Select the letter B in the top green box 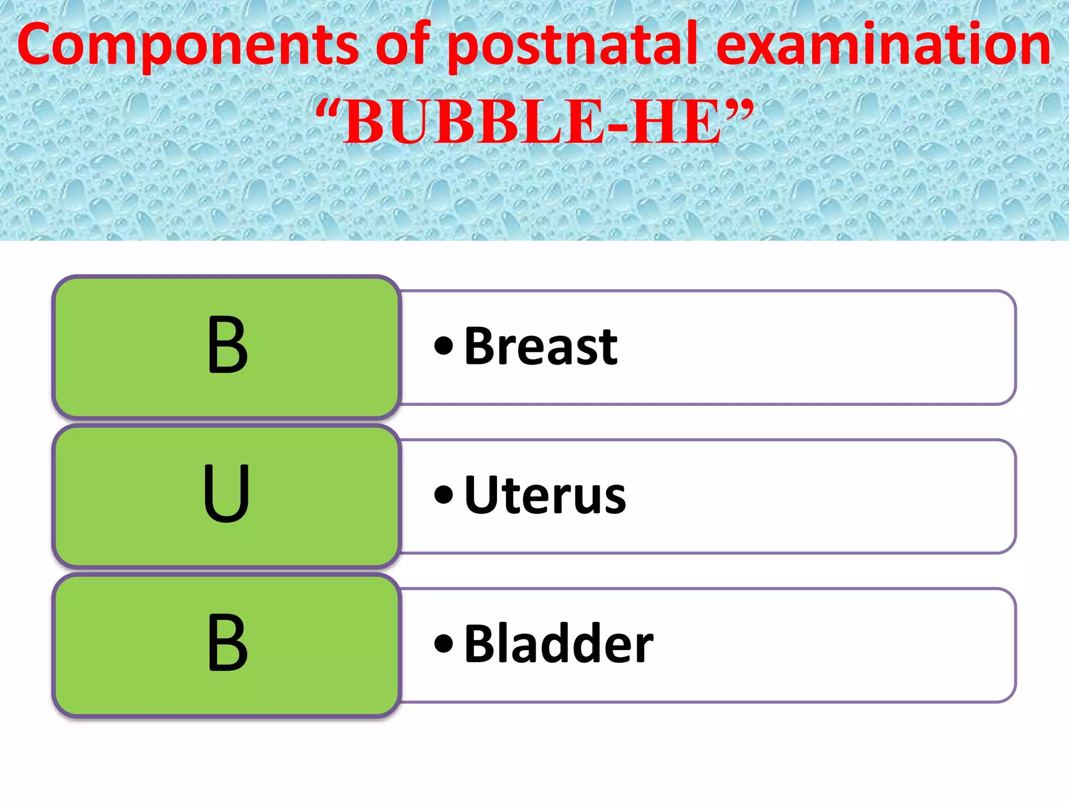tap(227, 346)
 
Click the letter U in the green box tap(227, 494)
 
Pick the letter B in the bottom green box tap(227, 643)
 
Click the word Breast tap(541, 347)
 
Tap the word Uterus tap(544, 496)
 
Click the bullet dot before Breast tap(444, 346)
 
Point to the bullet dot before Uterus tap(444, 494)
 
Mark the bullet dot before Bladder tap(444, 643)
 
